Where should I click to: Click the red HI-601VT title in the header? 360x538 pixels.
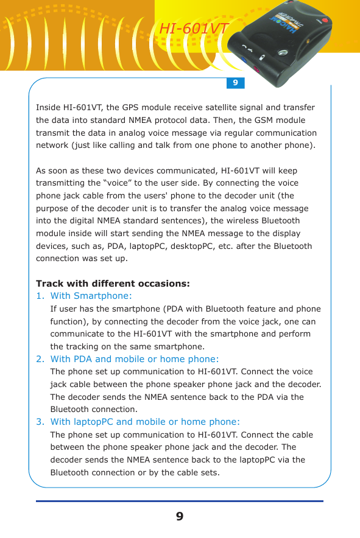194,29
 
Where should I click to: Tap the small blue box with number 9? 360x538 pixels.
235,82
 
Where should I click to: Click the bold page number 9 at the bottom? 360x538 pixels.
179,517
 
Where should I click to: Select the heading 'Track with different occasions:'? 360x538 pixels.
113,284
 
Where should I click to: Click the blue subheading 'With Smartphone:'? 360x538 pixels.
91,296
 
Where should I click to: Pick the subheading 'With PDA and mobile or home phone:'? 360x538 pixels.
135,359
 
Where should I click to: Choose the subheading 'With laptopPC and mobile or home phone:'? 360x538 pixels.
145,422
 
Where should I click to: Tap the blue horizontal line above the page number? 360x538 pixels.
179,501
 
